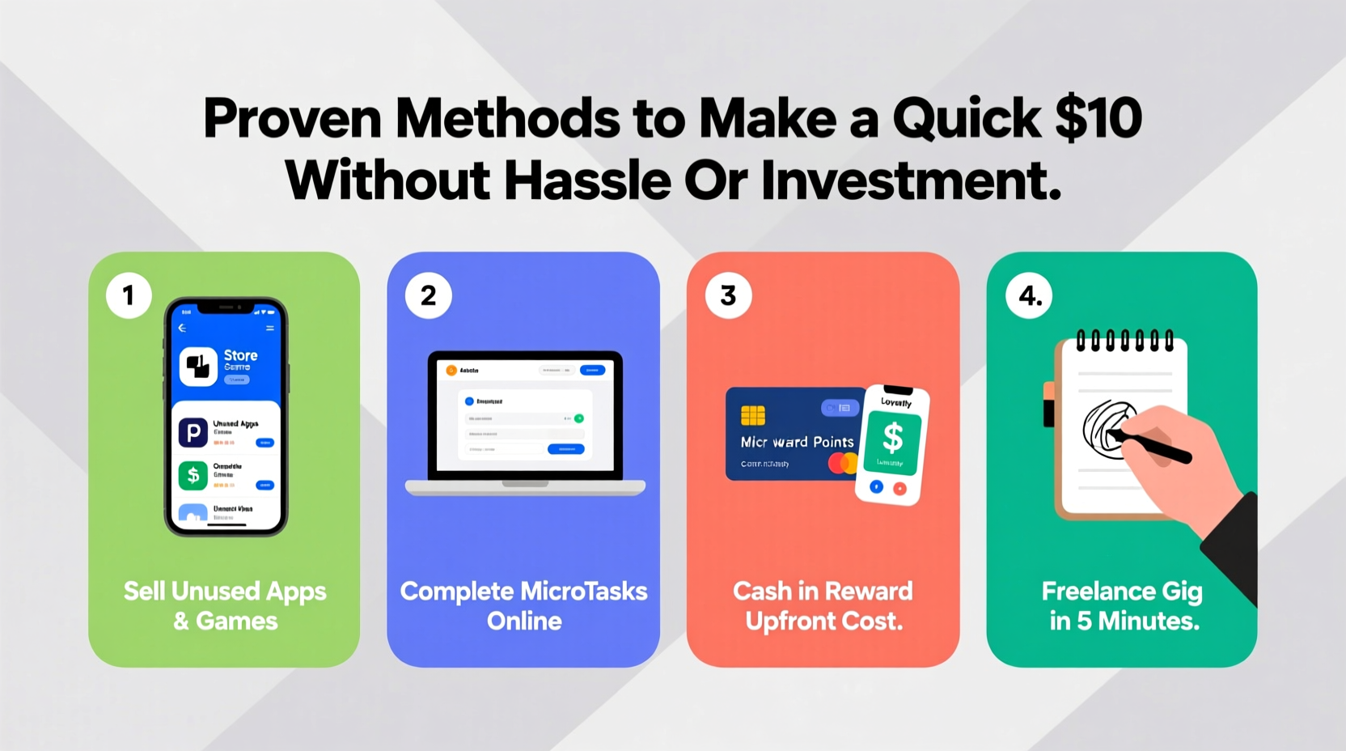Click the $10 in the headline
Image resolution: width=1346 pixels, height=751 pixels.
click(1098, 118)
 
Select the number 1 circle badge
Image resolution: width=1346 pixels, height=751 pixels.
click(129, 295)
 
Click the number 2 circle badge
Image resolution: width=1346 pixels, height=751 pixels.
click(428, 295)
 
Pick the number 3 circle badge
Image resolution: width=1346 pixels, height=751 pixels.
click(728, 295)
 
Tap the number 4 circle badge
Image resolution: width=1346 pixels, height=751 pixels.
click(1029, 295)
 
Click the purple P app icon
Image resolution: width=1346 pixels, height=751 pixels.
click(193, 433)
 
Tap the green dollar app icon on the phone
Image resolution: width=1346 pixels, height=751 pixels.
click(193, 475)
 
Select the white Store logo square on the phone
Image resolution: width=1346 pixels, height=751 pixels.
click(198, 367)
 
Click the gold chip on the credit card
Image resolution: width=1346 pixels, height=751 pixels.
click(752, 415)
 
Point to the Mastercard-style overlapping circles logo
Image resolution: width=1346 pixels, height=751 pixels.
click(843, 464)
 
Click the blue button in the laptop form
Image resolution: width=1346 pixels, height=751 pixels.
click(565, 448)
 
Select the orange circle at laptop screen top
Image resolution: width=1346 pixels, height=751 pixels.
click(451, 371)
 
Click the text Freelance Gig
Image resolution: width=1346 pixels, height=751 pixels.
click(1121, 592)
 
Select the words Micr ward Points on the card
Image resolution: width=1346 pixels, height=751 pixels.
click(797, 442)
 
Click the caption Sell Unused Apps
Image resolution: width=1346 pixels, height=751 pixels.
click(225, 592)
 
